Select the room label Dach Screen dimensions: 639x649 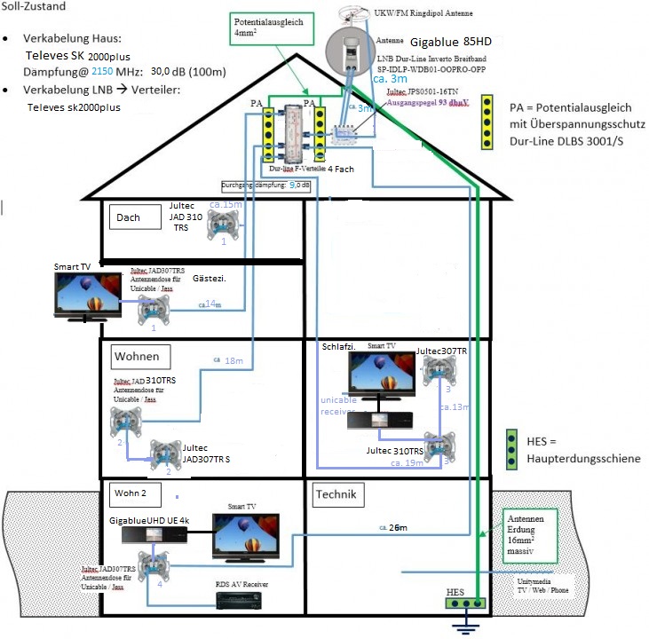129,217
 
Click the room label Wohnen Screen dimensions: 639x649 137,356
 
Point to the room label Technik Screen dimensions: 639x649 335,494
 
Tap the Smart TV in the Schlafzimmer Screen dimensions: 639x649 382,375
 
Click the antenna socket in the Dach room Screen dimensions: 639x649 224,226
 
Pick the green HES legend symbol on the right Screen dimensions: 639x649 511,450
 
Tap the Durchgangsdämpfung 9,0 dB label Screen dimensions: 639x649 266,185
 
